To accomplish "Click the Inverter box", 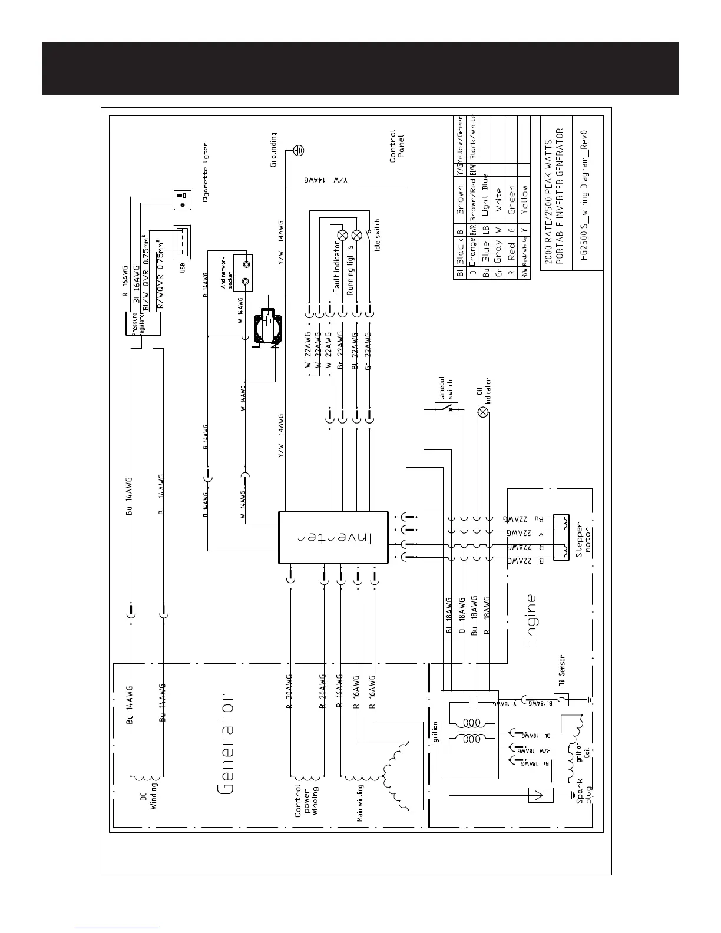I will pyautogui.click(x=333, y=537).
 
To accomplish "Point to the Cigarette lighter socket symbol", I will pyautogui.click(x=182, y=200).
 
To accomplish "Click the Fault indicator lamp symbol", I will pyautogui.click(x=342, y=235).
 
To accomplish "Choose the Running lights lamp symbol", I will pyautogui.click(x=356, y=236).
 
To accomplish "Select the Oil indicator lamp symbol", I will pyautogui.click(x=483, y=412).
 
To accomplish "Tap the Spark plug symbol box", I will pyautogui.click(x=541, y=795).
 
